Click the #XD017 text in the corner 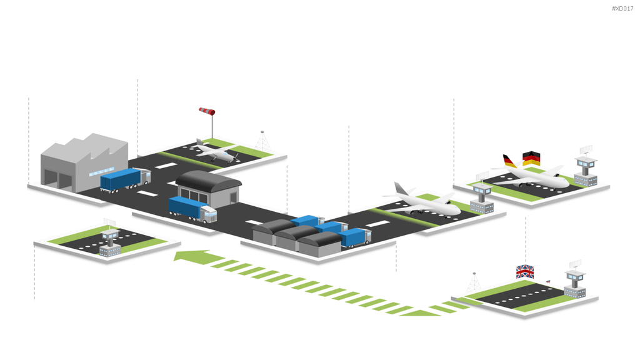click(x=622, y=9)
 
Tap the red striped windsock click(x=207, y=111)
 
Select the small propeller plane click(x=215, y=151)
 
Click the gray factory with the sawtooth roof click(x=84, y=162)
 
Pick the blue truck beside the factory click(x=126, y=179)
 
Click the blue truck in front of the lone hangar click(x=192, y=209)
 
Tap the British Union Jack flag click(x=525, y=271)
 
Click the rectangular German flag click(x=531, y=158)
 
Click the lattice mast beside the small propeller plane click(x=262, y=143)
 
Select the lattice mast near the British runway click(x=474, y=282)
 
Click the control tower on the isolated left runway click(x=110, y=240)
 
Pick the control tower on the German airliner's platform click(x=586, y=168)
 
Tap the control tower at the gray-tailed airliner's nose click(x=482, y=199)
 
